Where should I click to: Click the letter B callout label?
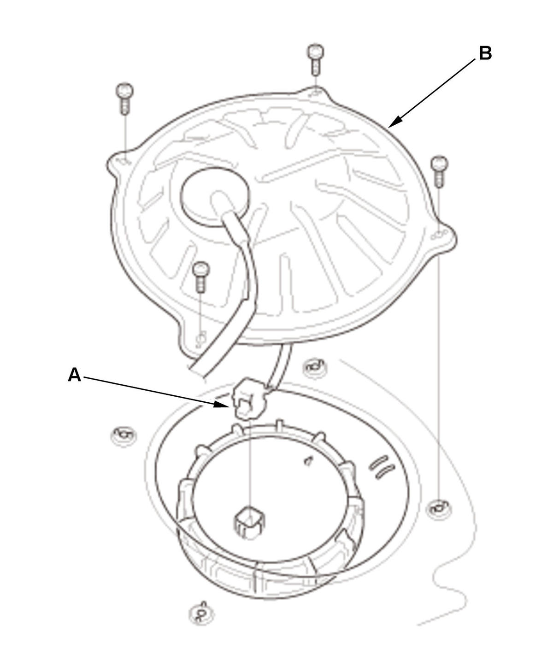(485, 53)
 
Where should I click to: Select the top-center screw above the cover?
(316, 59)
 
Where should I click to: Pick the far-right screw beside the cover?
(439, 171)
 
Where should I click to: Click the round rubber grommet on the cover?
(215, 197)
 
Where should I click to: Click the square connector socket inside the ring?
(250, 522)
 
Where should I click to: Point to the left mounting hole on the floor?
(124, 435)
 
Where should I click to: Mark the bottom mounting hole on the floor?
(202, 613)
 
